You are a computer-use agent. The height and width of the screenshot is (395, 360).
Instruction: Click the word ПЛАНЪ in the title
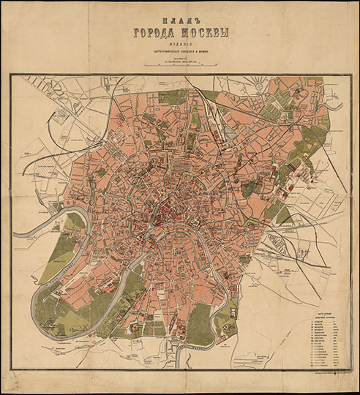tap(180, 20)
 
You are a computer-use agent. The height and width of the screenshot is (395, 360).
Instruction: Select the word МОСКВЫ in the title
tap(206, 34)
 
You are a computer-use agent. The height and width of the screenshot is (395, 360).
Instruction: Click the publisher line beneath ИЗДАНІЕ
tap(180, 51)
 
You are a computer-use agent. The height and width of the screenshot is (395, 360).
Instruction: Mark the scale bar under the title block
tap(180, 65)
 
